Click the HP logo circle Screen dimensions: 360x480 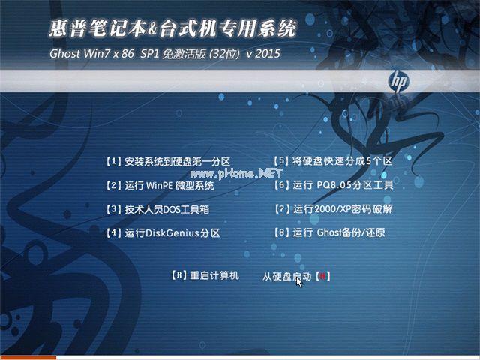398,80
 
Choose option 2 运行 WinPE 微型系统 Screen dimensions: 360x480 160,185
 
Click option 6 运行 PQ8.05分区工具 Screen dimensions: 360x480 334,184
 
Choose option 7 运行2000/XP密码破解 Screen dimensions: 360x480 334,208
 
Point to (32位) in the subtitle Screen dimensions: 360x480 226,54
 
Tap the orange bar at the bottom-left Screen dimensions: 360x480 28,358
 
